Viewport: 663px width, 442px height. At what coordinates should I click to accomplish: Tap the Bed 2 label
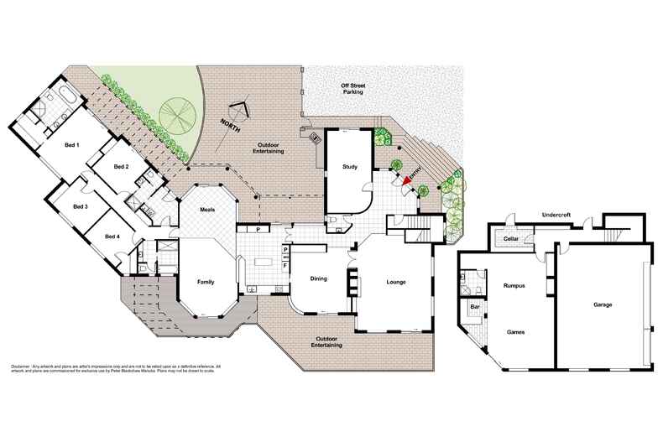pos(121,167)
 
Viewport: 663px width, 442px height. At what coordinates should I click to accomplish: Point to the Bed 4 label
pos(112,237)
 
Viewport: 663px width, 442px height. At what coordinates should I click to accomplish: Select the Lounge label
pos(395,281)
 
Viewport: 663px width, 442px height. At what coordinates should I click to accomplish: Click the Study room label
pos(350,167)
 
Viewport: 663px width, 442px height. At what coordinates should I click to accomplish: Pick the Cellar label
pos(509,239)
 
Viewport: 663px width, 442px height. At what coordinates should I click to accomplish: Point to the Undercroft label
pos(558,215)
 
